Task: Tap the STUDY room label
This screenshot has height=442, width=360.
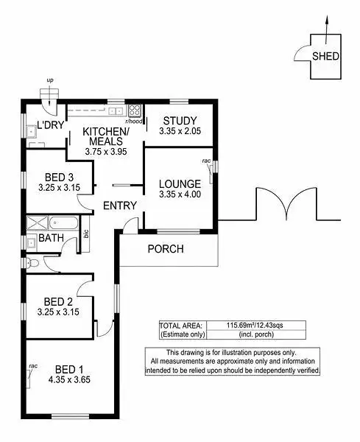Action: (180, 121)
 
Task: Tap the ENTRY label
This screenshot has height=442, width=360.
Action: (119, 206)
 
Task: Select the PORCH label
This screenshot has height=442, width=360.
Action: (166, 248)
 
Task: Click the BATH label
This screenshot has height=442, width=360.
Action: (51, 238)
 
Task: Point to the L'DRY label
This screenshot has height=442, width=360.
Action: (52, 125)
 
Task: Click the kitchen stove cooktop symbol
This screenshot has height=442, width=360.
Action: (135, 111)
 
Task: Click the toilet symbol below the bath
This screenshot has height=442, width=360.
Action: (30, 263)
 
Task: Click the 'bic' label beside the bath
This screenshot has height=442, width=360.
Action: (87, 234)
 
